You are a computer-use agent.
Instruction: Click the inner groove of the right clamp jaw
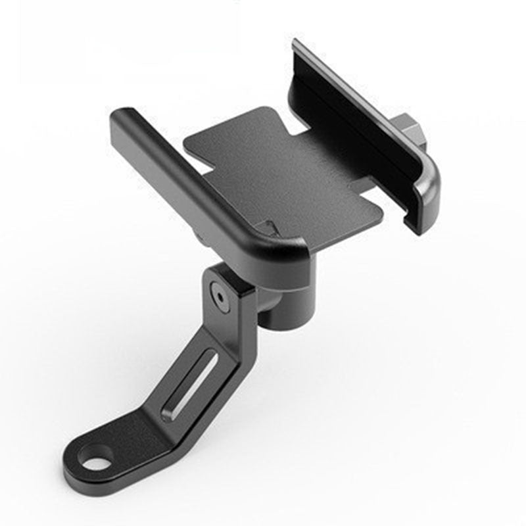pos(355,131)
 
